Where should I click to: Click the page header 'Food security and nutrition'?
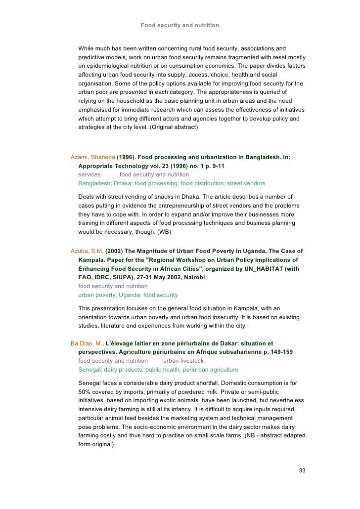click(x=180, y=25)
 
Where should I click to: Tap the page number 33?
click(x=302, y=470)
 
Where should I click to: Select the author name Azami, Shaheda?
click(x=93, y=157)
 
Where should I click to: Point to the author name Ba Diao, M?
click(x=87, y=343)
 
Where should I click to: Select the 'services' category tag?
click(x=90, y=174)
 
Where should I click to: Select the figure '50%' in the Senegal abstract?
click(x=86, y=392)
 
